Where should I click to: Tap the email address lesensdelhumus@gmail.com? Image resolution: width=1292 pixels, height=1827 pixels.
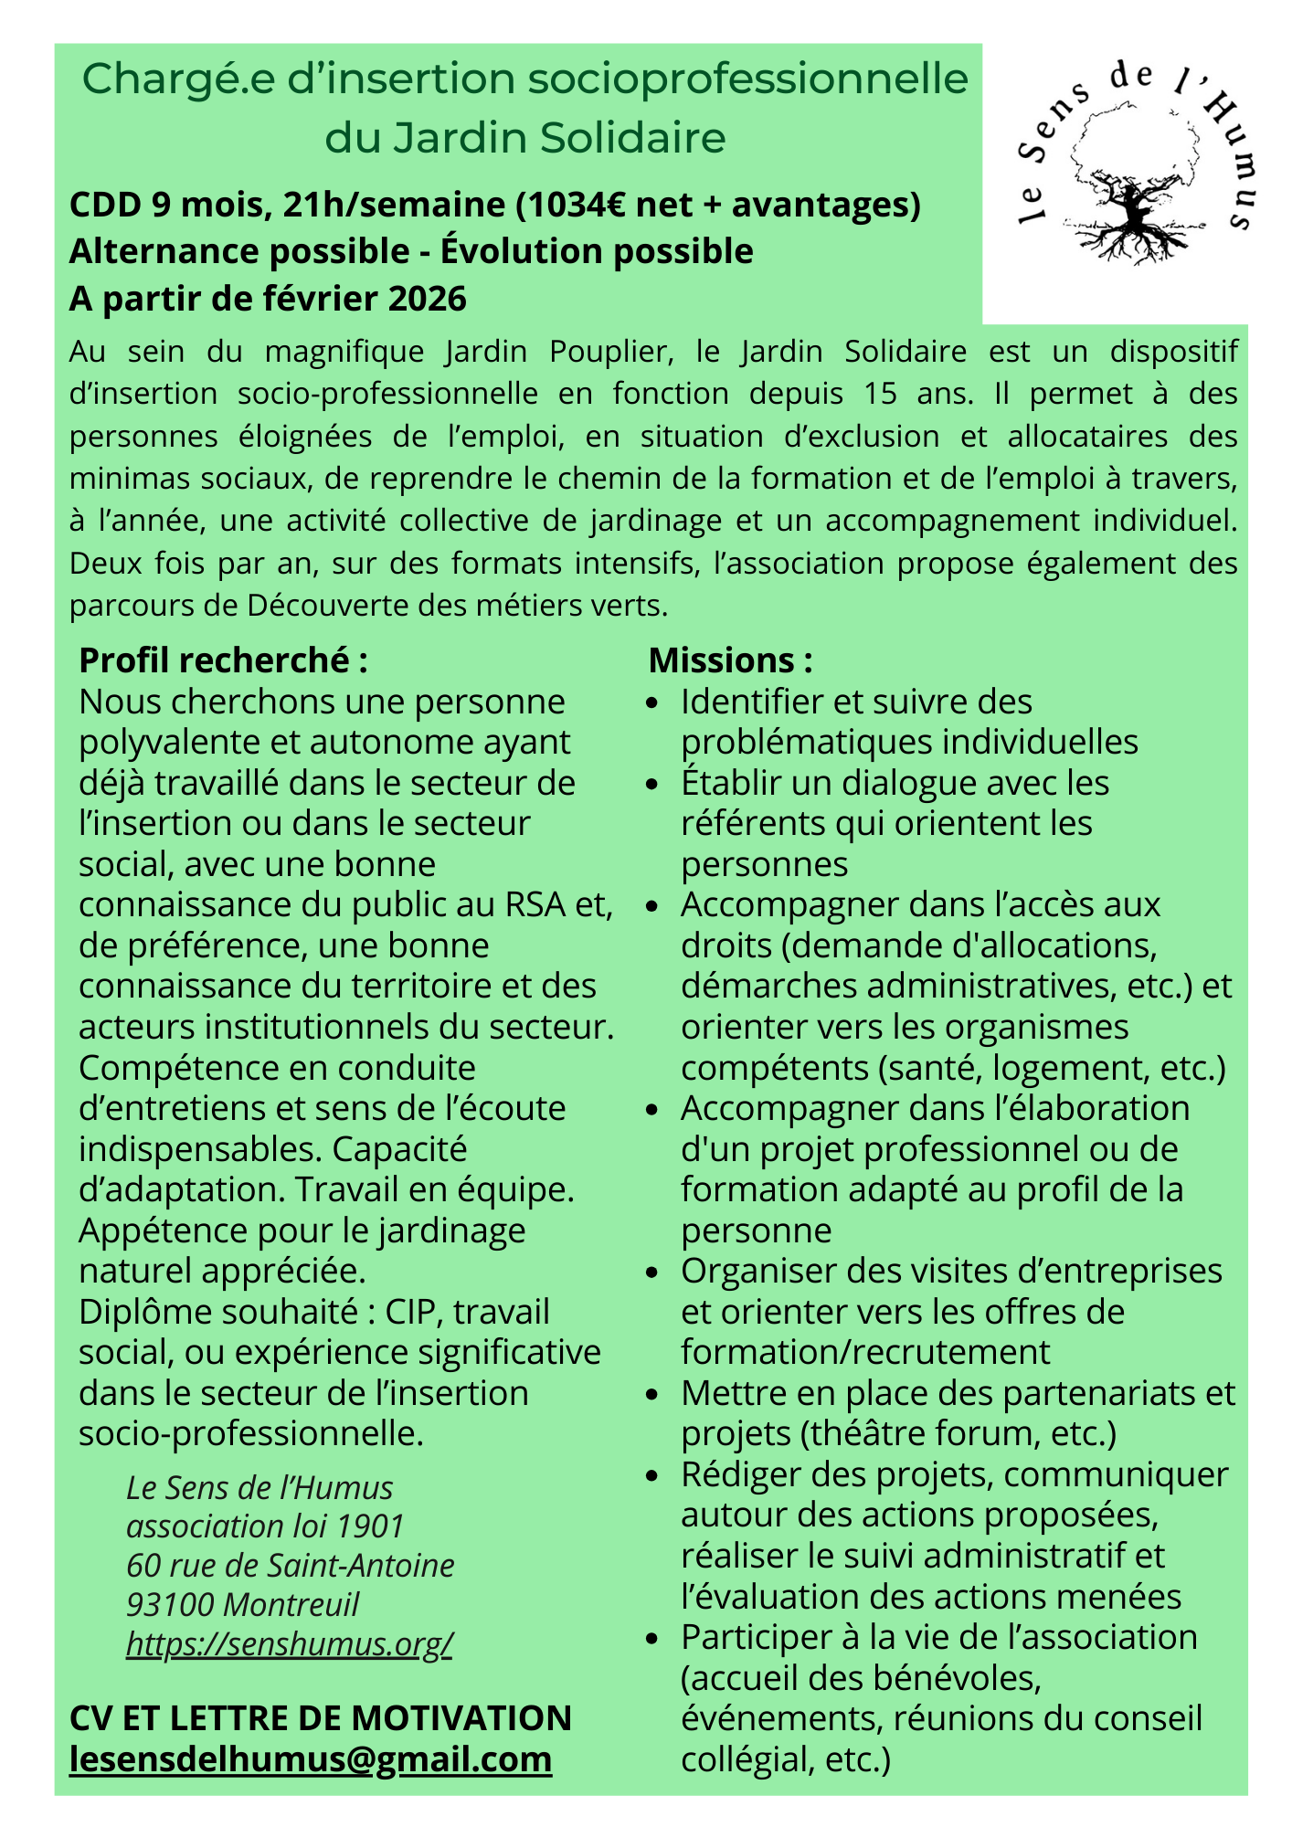pos(311,1759)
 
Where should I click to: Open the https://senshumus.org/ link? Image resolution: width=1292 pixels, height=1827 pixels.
pos(289,1643)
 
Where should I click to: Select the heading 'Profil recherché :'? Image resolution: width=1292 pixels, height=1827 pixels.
pos(223,660)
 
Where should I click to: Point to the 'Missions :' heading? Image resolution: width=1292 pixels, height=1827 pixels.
pos(730,660)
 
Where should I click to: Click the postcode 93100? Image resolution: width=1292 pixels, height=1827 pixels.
pos(171,1604)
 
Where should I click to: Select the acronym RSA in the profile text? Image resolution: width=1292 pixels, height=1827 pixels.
pos(535,904)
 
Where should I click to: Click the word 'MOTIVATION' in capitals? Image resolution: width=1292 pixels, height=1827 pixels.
pos(464,1717)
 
